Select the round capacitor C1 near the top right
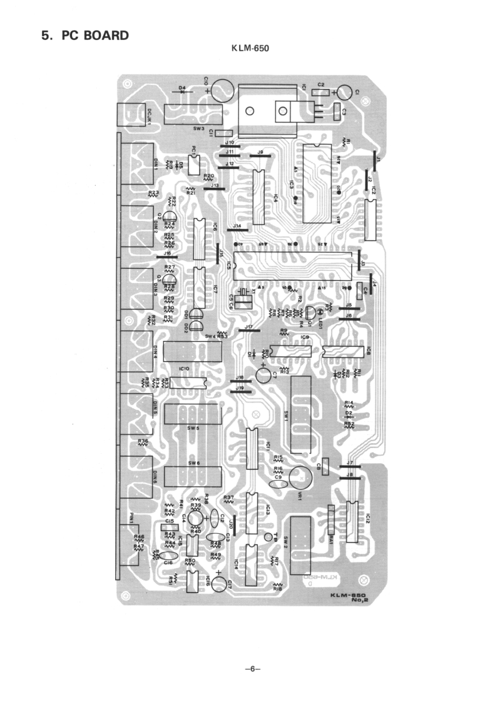344,93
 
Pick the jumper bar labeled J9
260,156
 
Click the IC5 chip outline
289,265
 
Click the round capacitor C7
263,374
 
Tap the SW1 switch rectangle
302,414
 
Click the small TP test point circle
268,537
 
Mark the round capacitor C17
219,584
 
